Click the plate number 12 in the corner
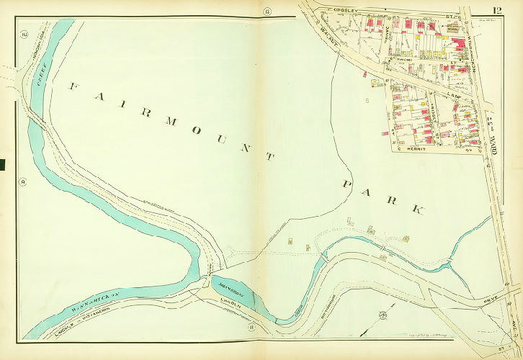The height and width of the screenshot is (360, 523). pyautogui.click(x=498, y=10)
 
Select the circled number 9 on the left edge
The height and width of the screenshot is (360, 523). pyautogui.click(x=23, y=181)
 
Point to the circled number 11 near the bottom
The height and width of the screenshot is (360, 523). pyautogui.click(x=252, y=328)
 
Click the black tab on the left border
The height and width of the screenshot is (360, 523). pyautogui.click(x=2, y=165)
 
